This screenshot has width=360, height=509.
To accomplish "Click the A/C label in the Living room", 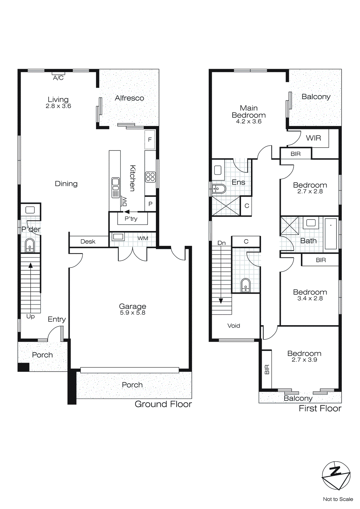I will (58, 78).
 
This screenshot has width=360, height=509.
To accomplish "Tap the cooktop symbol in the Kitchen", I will (150, 177).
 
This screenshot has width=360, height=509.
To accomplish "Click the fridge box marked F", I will (150, 140).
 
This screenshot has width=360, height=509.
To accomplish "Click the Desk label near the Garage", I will (88, 241).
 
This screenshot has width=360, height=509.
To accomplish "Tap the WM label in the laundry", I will (143, 238).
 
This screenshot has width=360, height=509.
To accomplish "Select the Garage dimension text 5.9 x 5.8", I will (133, 313).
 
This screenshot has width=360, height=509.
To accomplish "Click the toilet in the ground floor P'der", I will (30, 246).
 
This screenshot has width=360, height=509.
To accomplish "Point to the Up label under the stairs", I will (31, 316).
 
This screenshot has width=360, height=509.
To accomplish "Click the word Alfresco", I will (129, 98).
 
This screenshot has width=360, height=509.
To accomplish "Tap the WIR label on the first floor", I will (313, 138).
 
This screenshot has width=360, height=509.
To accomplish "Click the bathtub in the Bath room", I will (331, 234).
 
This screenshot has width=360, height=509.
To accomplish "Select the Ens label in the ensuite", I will (238, 182).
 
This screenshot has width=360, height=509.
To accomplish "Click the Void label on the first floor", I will (234, 326).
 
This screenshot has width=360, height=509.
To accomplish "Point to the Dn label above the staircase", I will (222, 243).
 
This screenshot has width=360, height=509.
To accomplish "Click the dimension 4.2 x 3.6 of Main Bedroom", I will (249, 122).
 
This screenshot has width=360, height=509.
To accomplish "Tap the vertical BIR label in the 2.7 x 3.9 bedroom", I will (267, 369).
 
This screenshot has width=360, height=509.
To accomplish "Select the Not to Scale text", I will (338, 499).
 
